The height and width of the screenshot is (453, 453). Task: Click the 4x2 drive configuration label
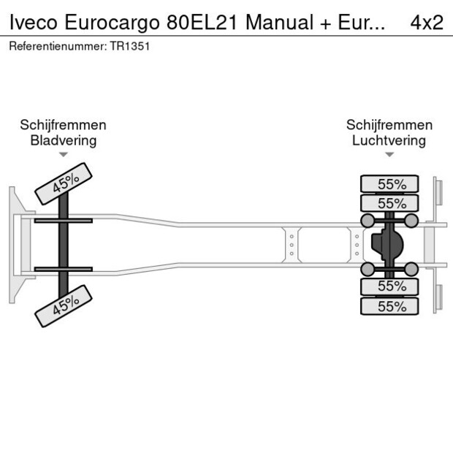click(427, 22)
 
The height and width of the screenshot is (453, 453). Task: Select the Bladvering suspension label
click(63, 141)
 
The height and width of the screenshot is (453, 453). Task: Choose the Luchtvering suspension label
click(389, 141)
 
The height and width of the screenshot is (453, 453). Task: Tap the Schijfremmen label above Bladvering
click(63, 126)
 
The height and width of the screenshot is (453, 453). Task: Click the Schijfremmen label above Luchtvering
click(389, 126)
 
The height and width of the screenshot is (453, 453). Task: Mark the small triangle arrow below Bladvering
click(64, 155)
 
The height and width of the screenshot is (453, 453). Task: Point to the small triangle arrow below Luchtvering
click(389, 155)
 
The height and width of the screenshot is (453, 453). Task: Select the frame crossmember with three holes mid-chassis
click(291, 244)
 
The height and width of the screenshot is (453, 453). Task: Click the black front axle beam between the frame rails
click(64, 244)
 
